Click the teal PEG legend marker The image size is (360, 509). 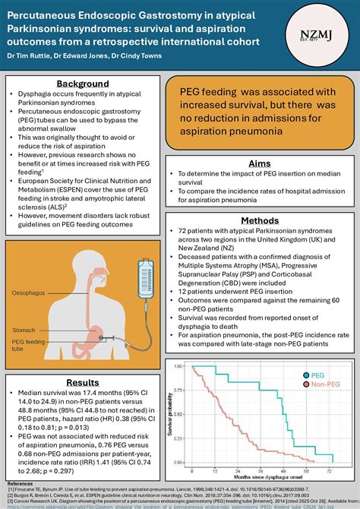[308, 375]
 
